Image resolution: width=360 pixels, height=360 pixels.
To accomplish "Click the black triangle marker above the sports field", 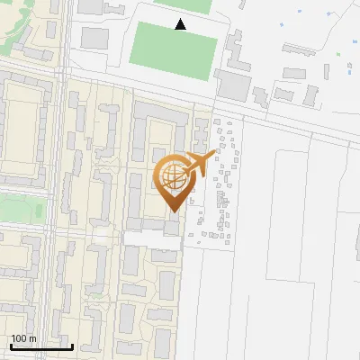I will point(181,25).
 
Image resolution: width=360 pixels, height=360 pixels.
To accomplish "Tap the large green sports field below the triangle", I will point(174,51).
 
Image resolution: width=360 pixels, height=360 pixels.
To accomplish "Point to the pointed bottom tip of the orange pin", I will point(173,212).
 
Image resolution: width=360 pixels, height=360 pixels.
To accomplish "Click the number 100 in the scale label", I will point(20,338).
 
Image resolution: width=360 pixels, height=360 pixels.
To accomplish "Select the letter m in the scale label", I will point(32,338).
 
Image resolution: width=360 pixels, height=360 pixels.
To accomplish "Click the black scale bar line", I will point(41,346).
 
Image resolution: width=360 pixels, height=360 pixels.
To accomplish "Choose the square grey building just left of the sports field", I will point(95,39).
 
